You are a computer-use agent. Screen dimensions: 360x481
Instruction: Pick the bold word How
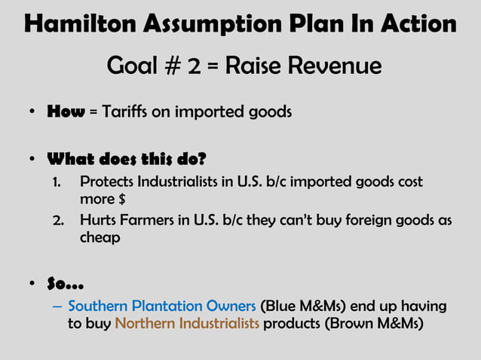coord(66,113)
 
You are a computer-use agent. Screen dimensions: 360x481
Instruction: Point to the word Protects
coord(108,182)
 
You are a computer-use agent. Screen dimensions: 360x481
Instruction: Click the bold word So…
coord(65,284)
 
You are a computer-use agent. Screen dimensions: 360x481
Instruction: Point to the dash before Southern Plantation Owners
coord(58,307)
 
